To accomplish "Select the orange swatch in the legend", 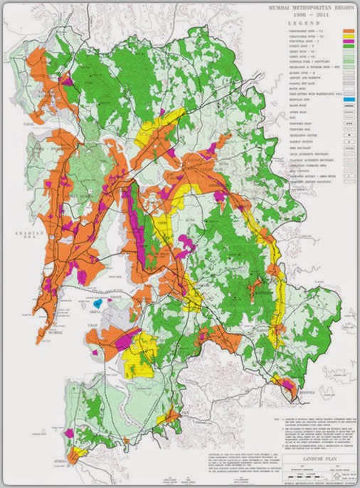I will click(x=347, y=33).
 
